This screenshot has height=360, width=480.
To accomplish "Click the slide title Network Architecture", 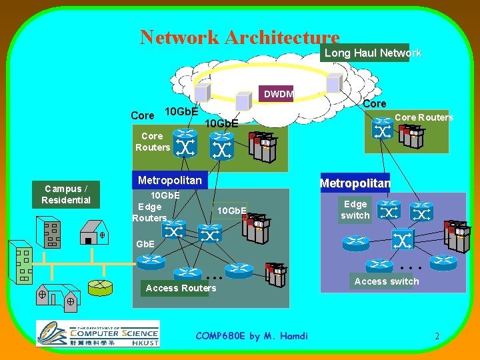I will pyautogui.click(x=239, y=37).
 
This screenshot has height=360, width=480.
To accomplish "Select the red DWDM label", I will pyautogui.click(x=277, y=94).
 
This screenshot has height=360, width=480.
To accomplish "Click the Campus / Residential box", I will pyautogui.click(x=66, y=194).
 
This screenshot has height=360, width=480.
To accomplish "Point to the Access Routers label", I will pyautogui.click(x=181, y=288).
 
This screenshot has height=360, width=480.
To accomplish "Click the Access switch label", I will pyautogui.click(x=387, y=281).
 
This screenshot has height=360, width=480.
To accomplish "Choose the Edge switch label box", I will pyautogui.click(x=355, y=210).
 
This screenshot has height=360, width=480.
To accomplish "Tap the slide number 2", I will pyautogui.click(x=437, y=337).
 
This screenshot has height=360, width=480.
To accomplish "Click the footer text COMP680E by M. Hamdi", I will pyautogui.click(x=252, y=336).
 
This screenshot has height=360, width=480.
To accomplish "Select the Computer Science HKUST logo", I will pyautogui.click(x=97, y=333).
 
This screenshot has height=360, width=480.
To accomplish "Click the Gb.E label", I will pyautogui.click(x=146, y=244).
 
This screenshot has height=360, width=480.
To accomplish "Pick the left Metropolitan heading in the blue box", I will pyautogui.click(x=169, y=180).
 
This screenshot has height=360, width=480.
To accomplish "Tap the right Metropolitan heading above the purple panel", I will pyautogui.click(x=355, y=183).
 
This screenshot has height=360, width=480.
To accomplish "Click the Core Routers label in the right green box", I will pyautogui.click(x=423, y=117).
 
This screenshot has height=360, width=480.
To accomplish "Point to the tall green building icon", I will pyautogui.click(x=22, y=263).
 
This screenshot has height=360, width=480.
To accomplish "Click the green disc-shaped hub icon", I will pyautogui.click(x=101, y=287).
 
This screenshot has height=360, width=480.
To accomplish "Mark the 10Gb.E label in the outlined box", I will pyautogui.click(x=232, y=211).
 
